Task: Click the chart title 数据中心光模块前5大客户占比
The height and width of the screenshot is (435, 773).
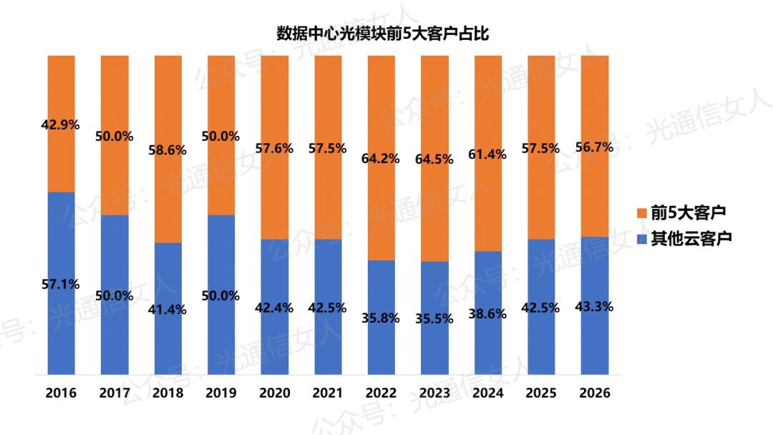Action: [383, 33]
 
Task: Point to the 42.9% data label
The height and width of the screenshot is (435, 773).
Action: [62, 125]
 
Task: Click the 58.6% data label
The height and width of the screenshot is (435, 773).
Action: [167, 150]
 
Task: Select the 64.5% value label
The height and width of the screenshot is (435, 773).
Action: [434, 159]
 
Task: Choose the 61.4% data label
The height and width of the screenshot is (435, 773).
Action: [487, 154]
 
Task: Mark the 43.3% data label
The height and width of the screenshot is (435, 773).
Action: [594, 306]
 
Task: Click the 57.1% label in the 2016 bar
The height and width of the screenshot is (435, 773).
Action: [62, 283]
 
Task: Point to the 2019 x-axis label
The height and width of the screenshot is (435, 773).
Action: [221, 394]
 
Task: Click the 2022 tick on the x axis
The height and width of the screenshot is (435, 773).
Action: [381, 394]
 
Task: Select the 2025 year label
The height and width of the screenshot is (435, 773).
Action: [540, 394]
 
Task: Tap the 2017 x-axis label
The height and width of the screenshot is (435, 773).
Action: [115, 394]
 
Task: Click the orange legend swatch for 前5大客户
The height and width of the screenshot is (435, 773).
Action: [641, 213]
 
